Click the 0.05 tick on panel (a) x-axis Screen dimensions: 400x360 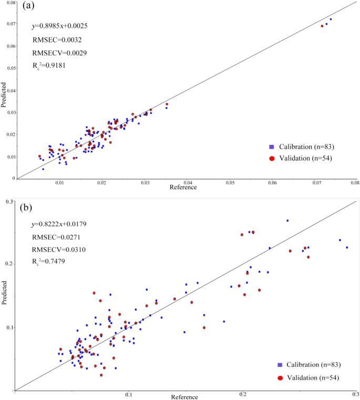(230, 184)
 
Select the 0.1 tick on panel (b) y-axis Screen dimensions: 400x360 (11, 328)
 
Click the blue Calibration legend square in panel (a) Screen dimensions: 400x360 (272, 146)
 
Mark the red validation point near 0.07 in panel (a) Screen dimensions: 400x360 (322, 26)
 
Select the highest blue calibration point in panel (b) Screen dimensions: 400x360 (287, 220)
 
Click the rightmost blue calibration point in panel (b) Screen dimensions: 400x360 (347, 247)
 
